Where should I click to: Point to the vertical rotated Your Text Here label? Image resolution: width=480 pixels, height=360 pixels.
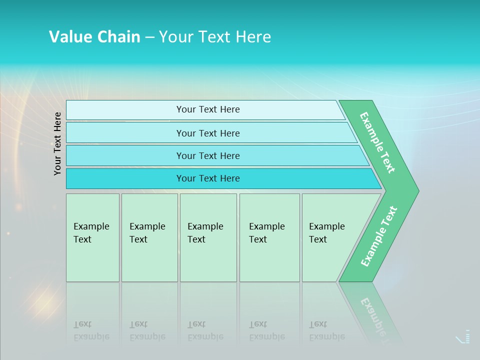coord(57,143)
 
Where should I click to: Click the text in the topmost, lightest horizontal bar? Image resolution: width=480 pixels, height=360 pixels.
coord(208,109)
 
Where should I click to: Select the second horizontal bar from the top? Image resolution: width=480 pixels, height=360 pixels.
coord(208,133)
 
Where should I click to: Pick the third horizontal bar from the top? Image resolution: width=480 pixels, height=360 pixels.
coord(208,155)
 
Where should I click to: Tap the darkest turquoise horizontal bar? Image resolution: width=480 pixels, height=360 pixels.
coord(208,178)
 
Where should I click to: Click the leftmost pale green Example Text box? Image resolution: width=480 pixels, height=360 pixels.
coord(92,237)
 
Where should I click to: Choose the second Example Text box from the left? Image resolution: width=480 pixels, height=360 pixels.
coord(149,237)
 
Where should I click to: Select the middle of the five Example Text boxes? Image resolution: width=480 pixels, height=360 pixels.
coord(208,237)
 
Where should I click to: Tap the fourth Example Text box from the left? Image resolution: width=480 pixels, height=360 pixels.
coord(269,237)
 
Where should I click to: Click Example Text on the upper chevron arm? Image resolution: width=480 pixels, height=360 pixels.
coord(377,142)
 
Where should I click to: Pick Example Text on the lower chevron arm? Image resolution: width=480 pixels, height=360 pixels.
coord(378,236)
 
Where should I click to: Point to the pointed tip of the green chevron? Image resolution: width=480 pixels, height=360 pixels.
coord(416,190)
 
